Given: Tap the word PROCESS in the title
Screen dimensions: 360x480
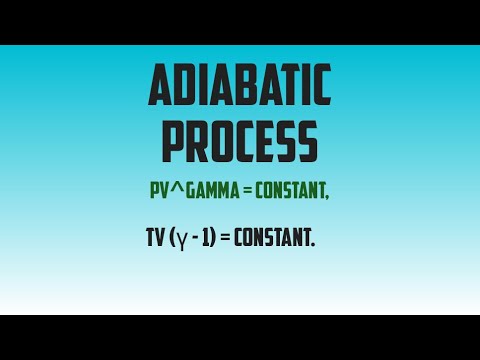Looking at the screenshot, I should click(240, 142).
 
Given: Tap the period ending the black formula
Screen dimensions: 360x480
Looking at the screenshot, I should click(314, 247).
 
